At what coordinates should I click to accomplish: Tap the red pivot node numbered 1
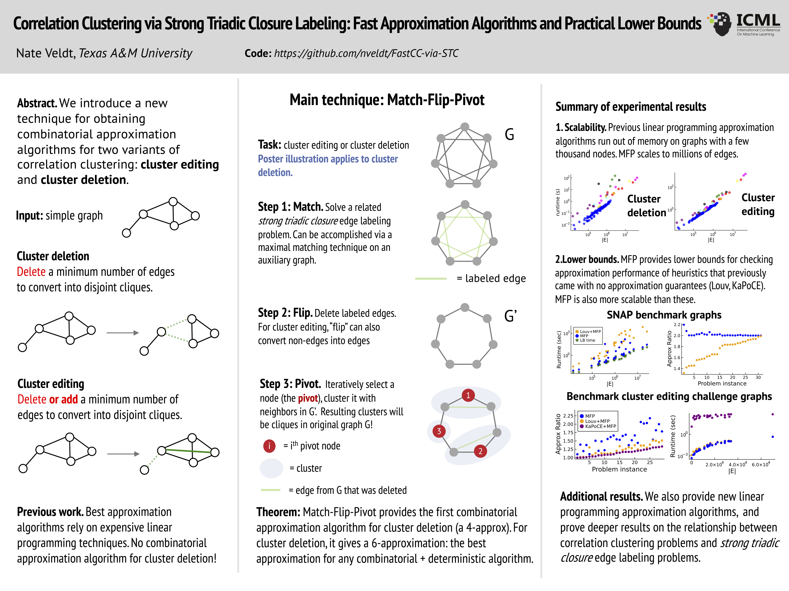click(x=468, y=395)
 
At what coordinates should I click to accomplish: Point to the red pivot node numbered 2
click(x=480, y=451)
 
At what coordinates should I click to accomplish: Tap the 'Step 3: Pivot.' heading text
click(x=290, y=384)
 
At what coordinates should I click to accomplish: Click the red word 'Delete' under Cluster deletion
click(x=31, y=272)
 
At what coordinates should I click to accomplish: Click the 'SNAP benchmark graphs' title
click(x=664, y=315)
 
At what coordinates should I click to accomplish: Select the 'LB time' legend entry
click(x=587, y=340)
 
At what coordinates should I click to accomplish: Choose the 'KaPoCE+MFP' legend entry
click(x=600, y=426)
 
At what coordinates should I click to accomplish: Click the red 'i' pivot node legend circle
click(x=269, y=446)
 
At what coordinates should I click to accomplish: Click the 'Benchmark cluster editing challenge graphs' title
click(x=669, y=396)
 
